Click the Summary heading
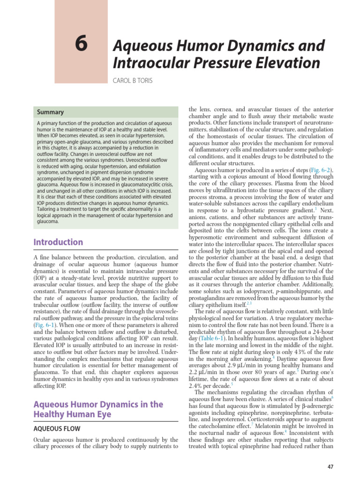pyautogui.click(x=51, y=112)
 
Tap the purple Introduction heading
pyautogui.click(x=58, y=242)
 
